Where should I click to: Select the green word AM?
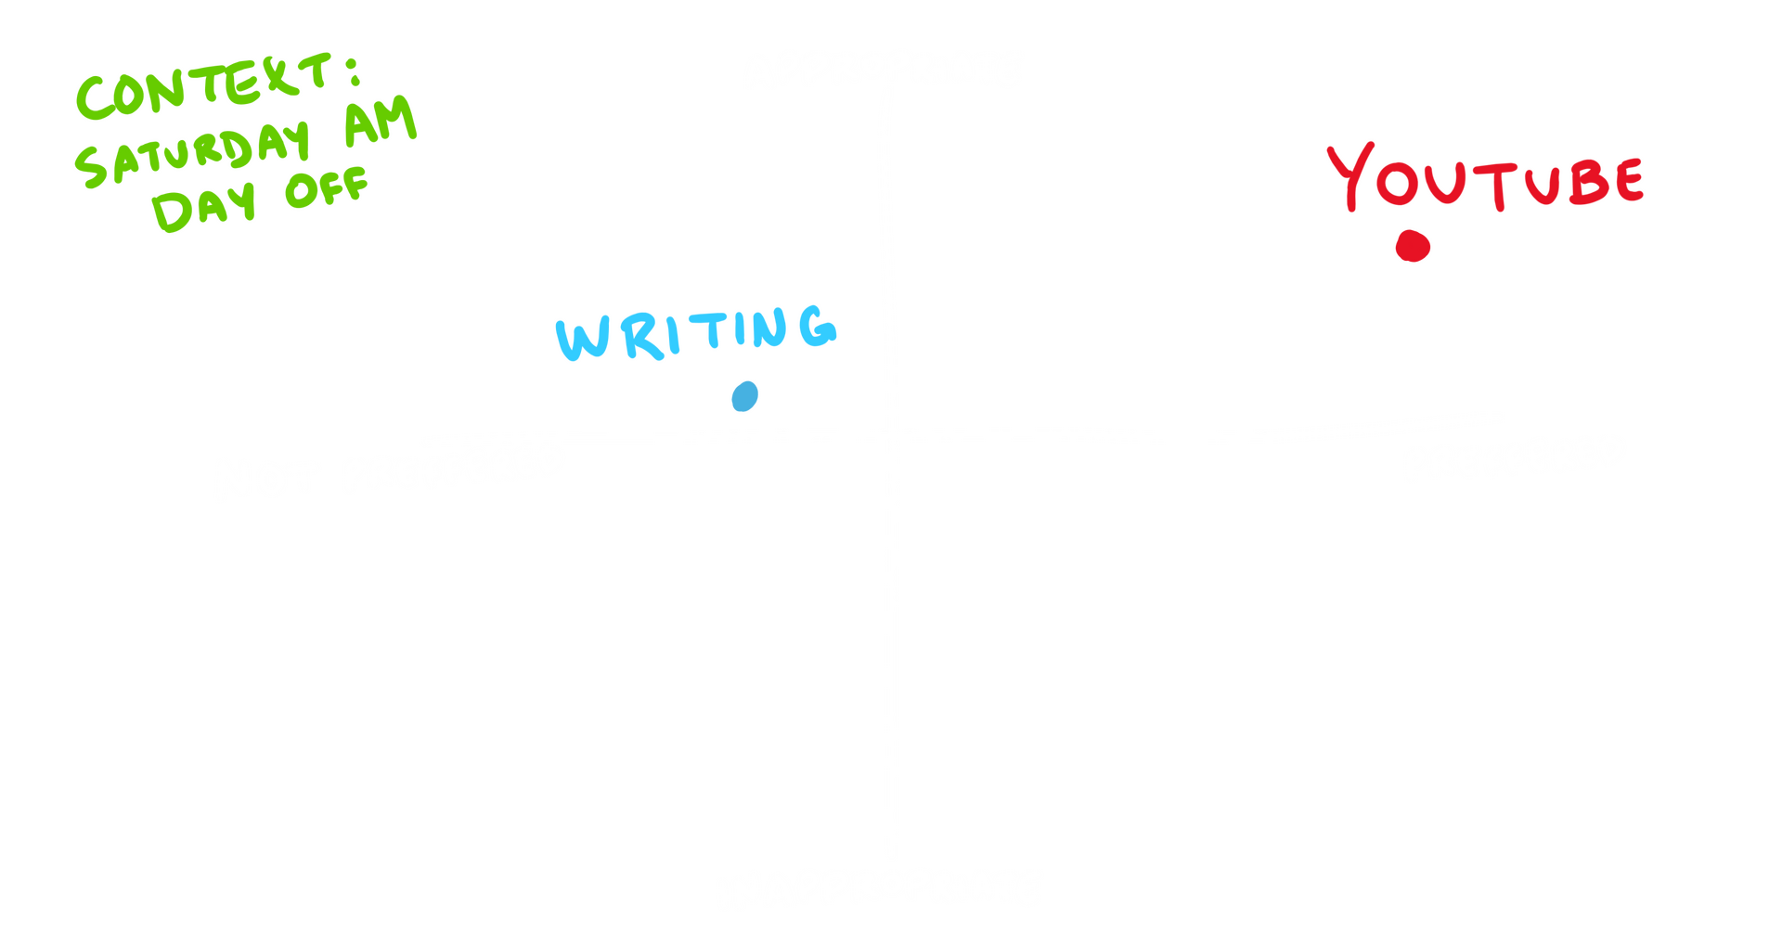pos(381,124)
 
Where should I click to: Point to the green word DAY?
pos(202,206)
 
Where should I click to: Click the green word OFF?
pos(327,187)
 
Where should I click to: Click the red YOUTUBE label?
pos(1485,178)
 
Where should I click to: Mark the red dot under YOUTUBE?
pos(1413,246)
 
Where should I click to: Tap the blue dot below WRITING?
pos(744,396)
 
